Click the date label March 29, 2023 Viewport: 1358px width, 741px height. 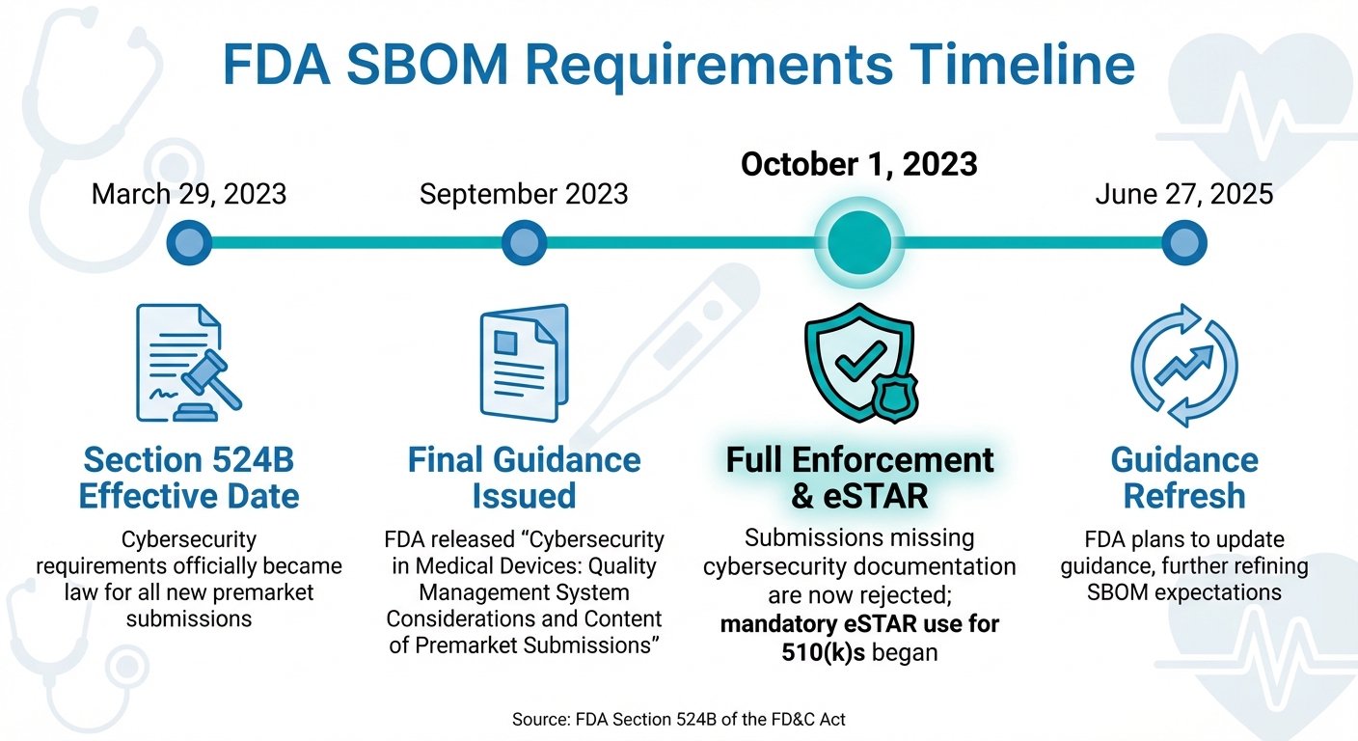tap(189, 194)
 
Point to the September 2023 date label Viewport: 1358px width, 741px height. tap(524, 194)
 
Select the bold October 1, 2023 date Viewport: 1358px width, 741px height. tap(859, 164)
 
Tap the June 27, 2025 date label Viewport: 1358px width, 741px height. tap(1184, 194)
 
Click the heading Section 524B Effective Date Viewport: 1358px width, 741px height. tap(189, 478)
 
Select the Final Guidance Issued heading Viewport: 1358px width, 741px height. tap(524, 478)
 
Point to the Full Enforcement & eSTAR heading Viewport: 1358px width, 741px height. tap(859, 478)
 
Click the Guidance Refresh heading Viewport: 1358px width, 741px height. tap(1184, 478)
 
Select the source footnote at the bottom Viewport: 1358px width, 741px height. tap(679, 718)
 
